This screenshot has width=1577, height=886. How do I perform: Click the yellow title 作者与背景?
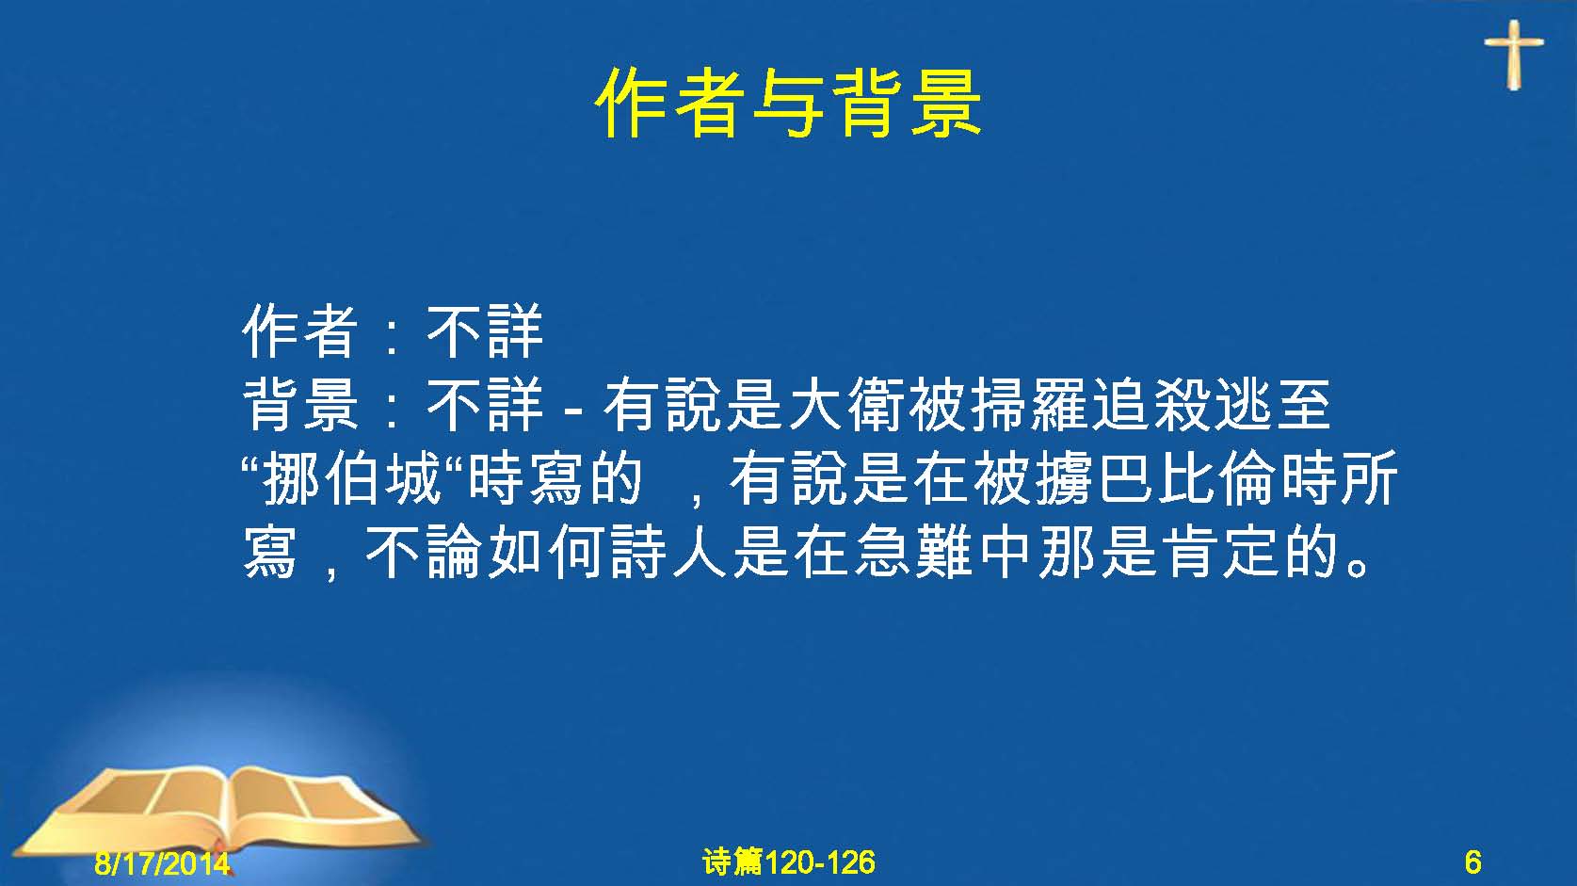(788, 104)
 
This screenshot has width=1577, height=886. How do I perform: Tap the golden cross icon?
(1514, 55)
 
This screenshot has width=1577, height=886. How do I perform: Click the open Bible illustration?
(218, 814)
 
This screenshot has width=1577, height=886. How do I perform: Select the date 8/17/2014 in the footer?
(162, 862)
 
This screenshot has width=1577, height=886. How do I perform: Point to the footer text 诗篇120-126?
(789, 862)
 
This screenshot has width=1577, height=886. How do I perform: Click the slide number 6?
(1472, 862)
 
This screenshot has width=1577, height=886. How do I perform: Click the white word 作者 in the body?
(299, 331)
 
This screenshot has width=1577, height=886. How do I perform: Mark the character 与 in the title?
(788, 104)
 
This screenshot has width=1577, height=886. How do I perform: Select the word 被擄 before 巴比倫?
(1034, 479)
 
